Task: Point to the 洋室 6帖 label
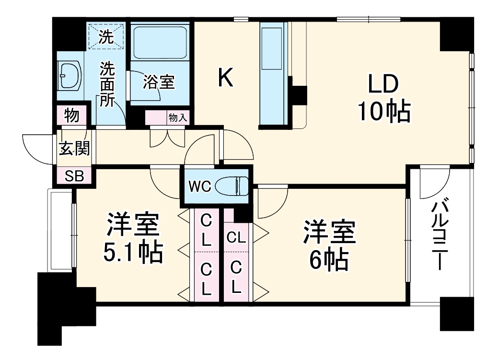(x=328, y=245)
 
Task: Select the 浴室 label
(x=159, y=82)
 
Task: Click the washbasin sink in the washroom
(x=69, y=75)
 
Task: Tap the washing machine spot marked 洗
(x=106, y=36)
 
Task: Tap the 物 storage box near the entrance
(x=72, y=115)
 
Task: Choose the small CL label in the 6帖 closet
(x=236, y=237)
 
